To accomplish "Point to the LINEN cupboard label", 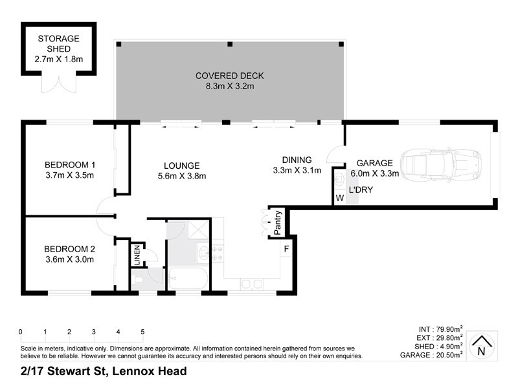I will (137, 253).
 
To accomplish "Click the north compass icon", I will (480, 345).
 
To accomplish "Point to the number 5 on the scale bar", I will (142, 332).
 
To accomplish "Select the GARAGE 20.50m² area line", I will (431, 355).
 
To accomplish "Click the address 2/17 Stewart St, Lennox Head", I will (103, 371).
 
